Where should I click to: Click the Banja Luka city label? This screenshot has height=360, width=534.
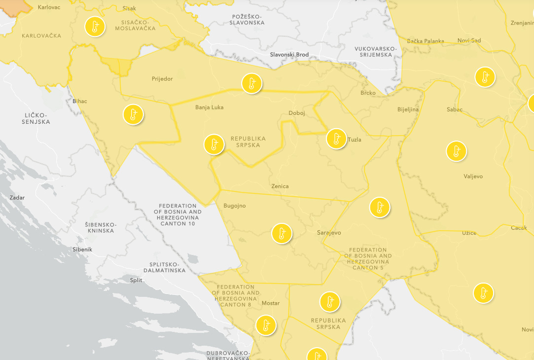209,107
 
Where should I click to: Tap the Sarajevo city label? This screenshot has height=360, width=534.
328,233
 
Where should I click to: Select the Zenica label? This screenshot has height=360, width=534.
280,186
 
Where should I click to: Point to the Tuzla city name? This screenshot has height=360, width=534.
355,140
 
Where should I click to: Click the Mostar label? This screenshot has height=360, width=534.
270,303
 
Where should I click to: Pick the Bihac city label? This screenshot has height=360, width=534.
79,101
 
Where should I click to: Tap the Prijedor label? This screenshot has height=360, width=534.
162,79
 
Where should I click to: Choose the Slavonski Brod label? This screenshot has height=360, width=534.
289,55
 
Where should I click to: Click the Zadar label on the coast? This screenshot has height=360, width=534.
17,198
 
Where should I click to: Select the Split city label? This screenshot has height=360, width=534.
136,280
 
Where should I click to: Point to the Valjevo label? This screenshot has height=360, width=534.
473,176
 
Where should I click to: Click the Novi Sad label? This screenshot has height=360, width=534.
469,40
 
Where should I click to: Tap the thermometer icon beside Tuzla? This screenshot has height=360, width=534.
336,139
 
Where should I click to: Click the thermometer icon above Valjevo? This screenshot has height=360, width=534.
456,151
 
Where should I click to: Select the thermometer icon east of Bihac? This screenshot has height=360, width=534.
133,115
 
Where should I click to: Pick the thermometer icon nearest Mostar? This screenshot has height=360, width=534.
266,325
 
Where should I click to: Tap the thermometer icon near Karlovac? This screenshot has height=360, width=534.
95,27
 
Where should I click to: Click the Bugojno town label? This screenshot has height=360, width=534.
234,206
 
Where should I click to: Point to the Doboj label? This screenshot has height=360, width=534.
297,113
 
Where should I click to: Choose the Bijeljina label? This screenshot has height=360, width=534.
408,109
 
